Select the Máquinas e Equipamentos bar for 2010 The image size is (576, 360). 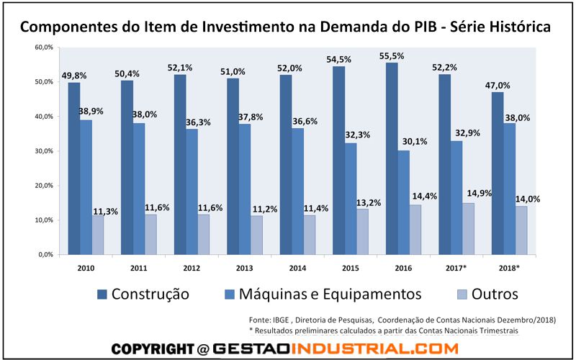pyautogui.click(x=85, y=187)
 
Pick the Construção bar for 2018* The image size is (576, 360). pyautogui.click(x=498, y=173)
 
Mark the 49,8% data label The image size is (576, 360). pyautogui.click(x=75, y=74)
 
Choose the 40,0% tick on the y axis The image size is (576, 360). pyautogui.click(x=45, y=116)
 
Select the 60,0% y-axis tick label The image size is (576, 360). pyautogui.click(x=45, y=47)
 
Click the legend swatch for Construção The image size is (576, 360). pyautogui.click(x=102, y=294)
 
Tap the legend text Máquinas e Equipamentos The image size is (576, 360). pyautogui.click(x=330, y=294)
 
